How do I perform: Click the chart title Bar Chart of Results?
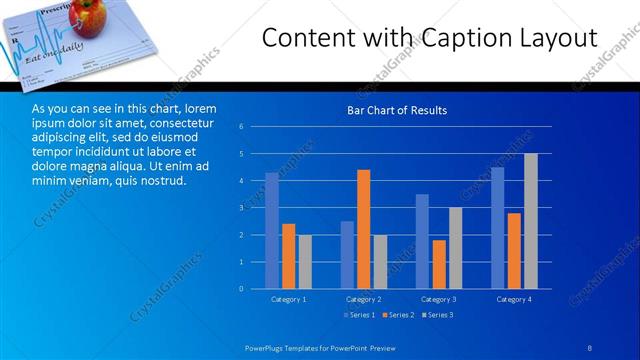click(x=396, y=110)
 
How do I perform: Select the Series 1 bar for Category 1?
click(x=272, y=230)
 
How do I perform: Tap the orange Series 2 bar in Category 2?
click(x=363, y=229)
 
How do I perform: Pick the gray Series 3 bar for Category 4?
click(x=531, y=221)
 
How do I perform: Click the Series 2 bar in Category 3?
click(x=439, y=264)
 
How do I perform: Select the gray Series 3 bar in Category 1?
click(x=305, y=261)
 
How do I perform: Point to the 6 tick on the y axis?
click(x=241, y=127)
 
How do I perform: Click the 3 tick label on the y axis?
click(x=241, y=208)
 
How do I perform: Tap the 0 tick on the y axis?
click(x=241, y=289)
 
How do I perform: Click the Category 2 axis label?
click(x=363, y=299)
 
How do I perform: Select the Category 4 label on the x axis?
click(x=514, y=299)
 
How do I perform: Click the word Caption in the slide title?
click(x=456, y=38)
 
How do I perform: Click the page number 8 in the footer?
click(x=590, y=346)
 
